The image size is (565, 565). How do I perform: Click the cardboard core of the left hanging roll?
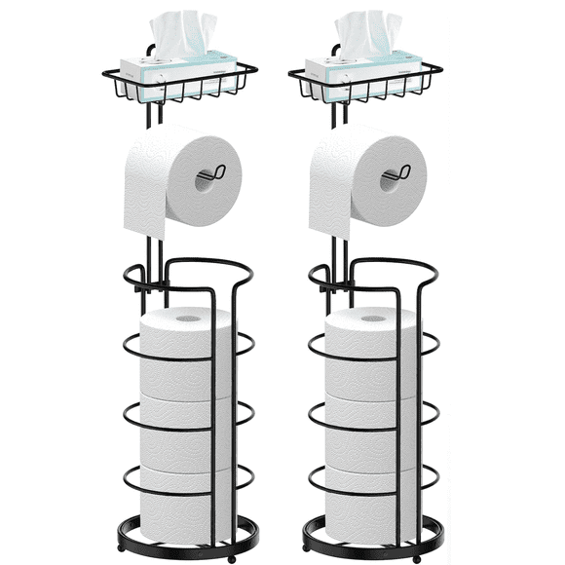point(207,178)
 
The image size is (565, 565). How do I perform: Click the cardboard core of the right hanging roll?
point(392,178)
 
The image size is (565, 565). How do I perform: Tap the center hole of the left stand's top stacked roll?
point(188,318)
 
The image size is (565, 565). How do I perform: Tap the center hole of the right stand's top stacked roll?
point(374,318)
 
